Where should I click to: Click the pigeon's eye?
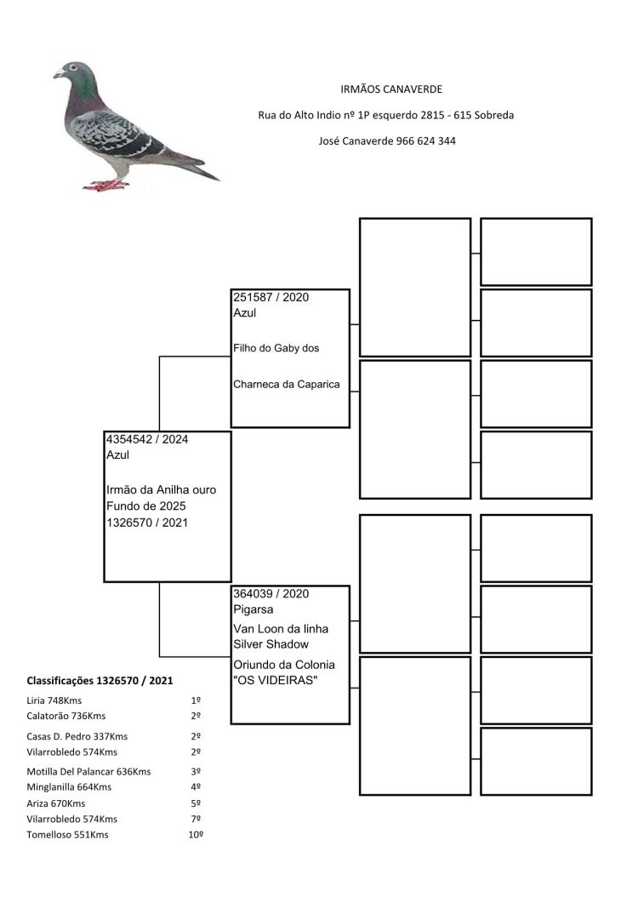pos(73,68)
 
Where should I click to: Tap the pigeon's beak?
pos(58,74)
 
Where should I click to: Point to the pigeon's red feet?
pos(106,185)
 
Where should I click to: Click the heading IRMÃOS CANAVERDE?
pos(391,89)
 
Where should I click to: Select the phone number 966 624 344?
pos(425,141)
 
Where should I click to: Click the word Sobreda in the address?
pos(493,115)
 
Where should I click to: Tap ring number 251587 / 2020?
pos(271,297)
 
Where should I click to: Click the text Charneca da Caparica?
pos(286,384)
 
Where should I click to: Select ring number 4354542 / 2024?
pos(147,439)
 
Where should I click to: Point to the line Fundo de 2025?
pos(145,506)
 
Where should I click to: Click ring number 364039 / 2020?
pos(271,594)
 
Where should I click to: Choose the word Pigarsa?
pos(253,609)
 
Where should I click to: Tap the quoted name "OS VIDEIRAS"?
pos(276,680)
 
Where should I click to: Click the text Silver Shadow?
pos(271,644)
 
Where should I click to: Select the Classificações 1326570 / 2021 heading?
pos(100,681)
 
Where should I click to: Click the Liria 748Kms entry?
pos(54,700)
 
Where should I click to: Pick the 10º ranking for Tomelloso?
pos(196,834)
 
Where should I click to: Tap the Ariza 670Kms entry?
pos(56,803)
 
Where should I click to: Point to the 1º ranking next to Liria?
pos(196,700)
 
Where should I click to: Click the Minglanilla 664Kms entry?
pos(69,787)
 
